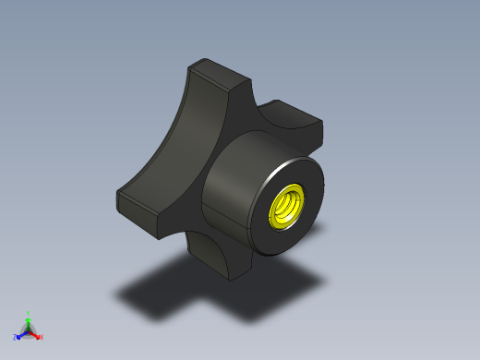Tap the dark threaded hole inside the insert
pyautogui.click(x=287, y=204)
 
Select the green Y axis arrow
pyautogui.click(x=28, y=320)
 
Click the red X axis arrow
pyautogui.click(x=34, y=333)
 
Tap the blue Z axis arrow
pyautogui.click(x=21, y=334)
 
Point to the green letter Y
pyautogui.click(x=28, y=313)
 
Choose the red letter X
pyautogui.click(x=41, y=337)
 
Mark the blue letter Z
pyautogui.click(x=15, y=338)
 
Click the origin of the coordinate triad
pyautogui.click(x=28, y=330)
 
